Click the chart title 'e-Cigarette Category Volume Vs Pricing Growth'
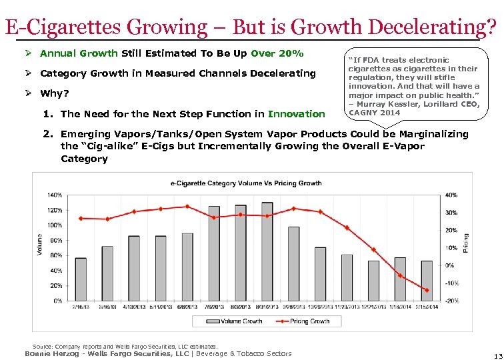(246, 183)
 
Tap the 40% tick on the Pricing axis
(451, 195)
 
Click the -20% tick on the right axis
(451, 301)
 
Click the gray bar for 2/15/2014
(427, 280)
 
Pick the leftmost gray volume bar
(81, 279)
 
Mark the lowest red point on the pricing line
(427, 290)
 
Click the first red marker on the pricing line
(81, 218)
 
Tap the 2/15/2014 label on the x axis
(427, 307)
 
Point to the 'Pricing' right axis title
(465, 246)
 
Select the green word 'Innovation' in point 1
(296, 114)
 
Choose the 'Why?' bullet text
(55, 93)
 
